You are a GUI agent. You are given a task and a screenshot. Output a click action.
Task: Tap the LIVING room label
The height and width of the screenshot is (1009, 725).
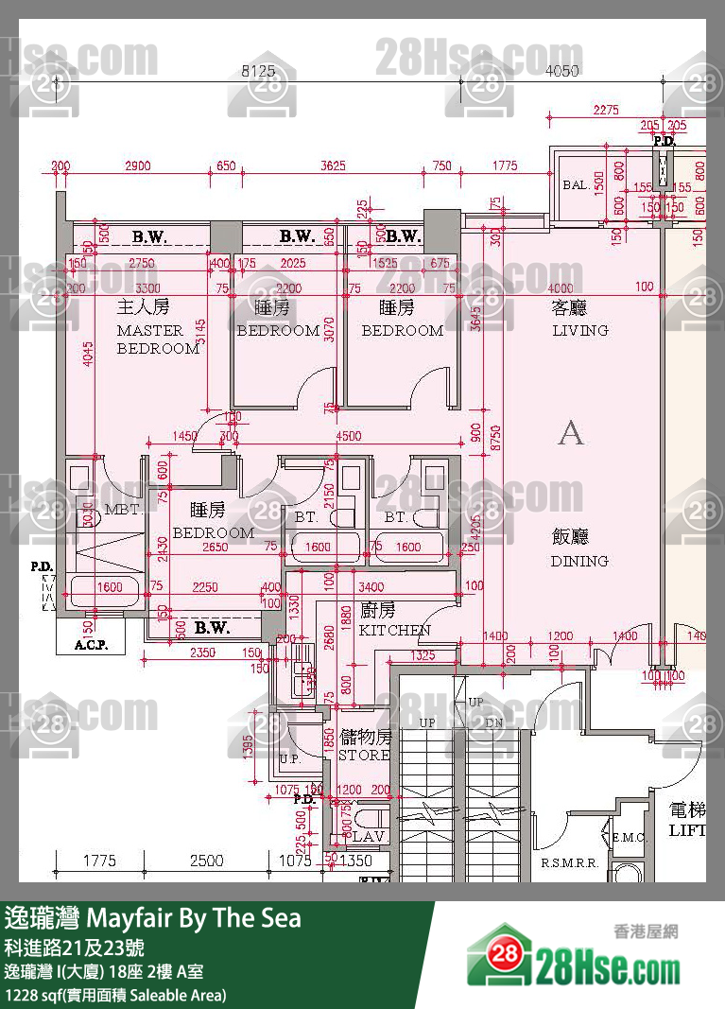point(579,330)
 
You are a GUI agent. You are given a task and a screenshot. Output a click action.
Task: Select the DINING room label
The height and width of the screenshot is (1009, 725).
point(578,561)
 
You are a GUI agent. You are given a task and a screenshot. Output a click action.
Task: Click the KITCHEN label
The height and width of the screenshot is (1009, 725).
point(394,630)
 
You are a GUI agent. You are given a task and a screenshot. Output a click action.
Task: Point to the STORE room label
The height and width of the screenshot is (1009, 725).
point(364,756)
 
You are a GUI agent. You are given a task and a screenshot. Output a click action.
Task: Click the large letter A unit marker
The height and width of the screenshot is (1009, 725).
point(571,432)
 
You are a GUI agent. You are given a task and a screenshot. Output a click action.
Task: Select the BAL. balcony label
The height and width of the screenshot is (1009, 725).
point(577,185)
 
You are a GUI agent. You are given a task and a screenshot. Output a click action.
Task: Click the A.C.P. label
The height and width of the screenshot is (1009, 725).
point(92,647)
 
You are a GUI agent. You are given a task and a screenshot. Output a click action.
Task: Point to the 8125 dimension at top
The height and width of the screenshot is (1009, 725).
point(258,70)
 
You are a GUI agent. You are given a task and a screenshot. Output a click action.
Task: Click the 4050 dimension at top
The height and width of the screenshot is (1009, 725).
point(562,70)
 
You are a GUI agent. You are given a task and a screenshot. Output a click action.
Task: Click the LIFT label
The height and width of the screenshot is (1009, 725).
point(686,830)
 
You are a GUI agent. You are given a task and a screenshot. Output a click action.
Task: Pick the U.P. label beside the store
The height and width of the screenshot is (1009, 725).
point(289,759)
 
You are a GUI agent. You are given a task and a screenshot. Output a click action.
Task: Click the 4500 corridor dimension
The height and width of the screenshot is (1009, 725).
point(349,436)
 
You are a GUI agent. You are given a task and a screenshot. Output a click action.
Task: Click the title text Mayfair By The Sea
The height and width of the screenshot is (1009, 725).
point(194,917)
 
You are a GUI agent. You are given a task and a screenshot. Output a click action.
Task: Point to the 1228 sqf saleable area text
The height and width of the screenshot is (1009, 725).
point(115,995)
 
